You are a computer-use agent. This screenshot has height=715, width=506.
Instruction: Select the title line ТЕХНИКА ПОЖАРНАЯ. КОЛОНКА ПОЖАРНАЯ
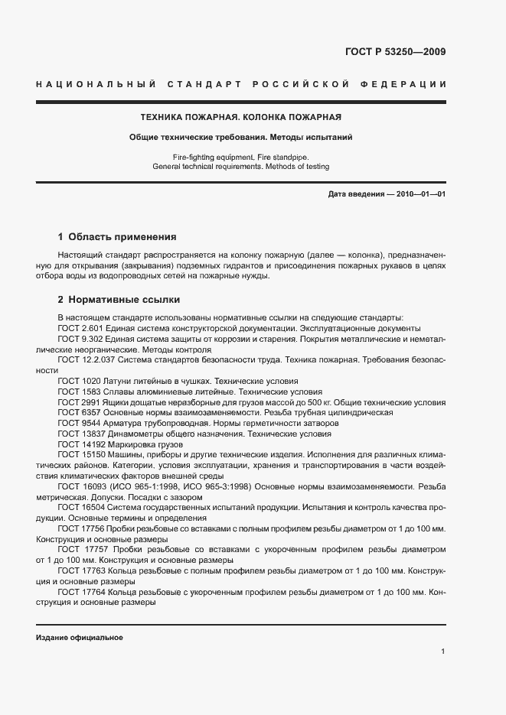point(240,118)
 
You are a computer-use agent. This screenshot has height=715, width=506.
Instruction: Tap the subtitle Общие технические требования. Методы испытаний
point(240,138)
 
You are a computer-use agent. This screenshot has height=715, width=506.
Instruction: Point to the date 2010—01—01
point(416,195)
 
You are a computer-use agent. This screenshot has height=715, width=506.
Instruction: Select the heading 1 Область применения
point(117,237)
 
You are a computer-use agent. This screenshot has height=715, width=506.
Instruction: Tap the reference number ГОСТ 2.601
point(75,327)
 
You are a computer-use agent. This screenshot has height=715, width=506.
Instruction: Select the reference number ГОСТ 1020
point(73,381)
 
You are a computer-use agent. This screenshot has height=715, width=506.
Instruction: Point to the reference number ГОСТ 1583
point(73,391)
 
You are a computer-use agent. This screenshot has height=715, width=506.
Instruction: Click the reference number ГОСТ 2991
point(73,401)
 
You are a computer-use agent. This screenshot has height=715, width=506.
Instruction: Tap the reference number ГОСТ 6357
point(73,412)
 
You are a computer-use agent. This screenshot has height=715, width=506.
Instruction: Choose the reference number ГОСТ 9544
point(73,423)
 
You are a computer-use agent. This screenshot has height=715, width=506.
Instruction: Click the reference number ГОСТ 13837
point(76,434)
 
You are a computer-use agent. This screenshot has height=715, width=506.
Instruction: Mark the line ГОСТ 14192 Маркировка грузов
point(110,444)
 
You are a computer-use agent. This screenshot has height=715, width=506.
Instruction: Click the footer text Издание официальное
point(79,638)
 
